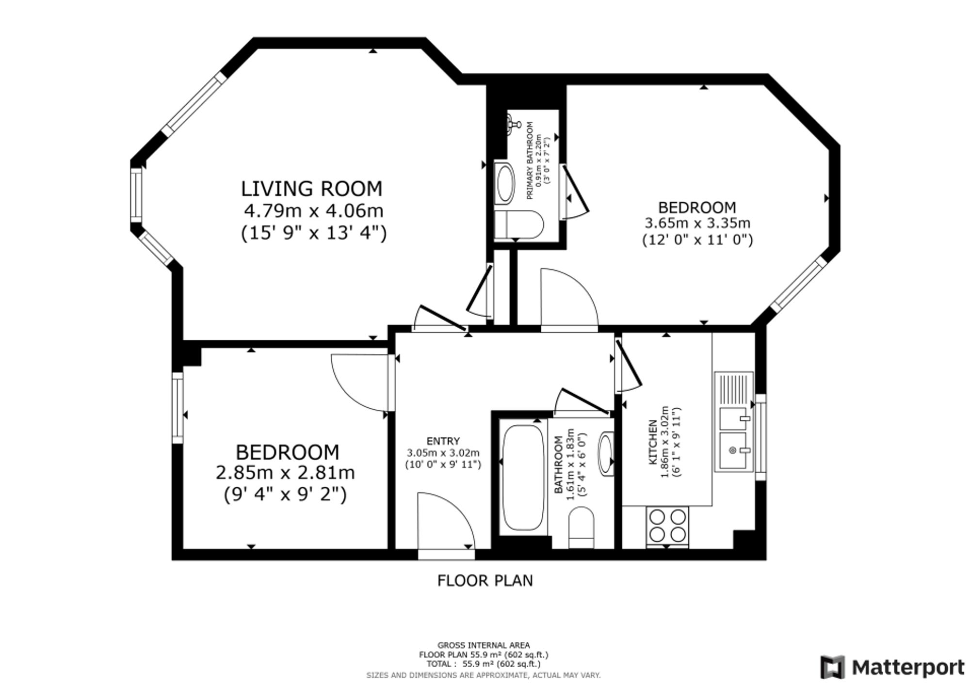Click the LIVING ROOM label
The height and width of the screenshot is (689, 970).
[x=311, y=189]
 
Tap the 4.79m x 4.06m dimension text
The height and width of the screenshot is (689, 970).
[x=313, y=211]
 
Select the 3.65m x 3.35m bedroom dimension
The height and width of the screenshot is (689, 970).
[x=697, y=224]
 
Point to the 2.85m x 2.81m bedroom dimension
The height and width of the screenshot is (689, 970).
[x=285, y=473]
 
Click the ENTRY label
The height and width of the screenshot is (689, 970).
[x=443, y=441]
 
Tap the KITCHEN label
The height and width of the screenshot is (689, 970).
[x=653, y=441]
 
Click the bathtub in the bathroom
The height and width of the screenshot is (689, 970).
[x=523, y=478]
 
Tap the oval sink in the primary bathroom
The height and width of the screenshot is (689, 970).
[x=504, y=184]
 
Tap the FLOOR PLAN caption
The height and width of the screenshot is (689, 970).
[x=485, y=580]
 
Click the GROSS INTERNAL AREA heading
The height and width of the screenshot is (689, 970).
[x=484, y=645]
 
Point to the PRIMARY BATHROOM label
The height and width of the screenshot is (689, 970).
[x=530, y=160]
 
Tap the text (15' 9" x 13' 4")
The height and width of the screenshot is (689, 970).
[x=314, y=233]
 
